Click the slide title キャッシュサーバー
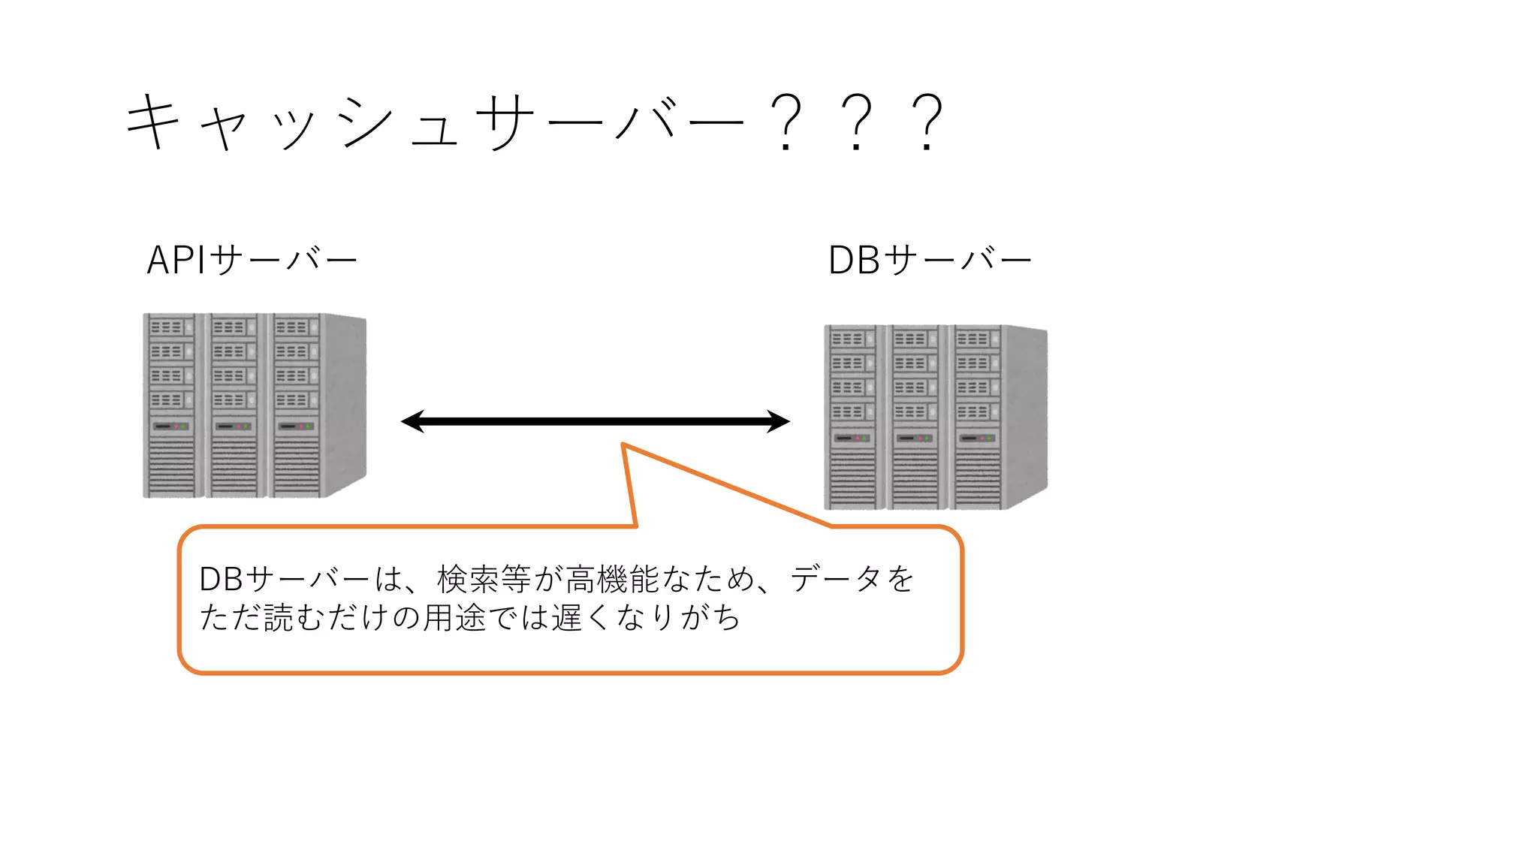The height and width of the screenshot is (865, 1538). point(436,122)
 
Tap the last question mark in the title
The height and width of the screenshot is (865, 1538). point(927,122)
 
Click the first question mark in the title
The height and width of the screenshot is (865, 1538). point(786,122)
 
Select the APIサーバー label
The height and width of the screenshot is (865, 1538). point(252,261)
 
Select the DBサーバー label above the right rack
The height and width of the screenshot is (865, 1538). point(930,261)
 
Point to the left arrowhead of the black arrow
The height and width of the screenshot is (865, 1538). point(412,421)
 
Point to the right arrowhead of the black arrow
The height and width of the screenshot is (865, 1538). point(780,421)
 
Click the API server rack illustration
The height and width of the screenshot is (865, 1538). point(254,405)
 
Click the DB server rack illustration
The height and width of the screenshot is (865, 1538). point(935,417)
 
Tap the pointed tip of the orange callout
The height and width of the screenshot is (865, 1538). point(623,445)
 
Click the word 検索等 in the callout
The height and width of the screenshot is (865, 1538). point(484,579)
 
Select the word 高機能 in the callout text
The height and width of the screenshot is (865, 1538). point(612,579)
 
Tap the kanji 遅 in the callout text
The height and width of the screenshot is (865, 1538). point(567,618)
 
